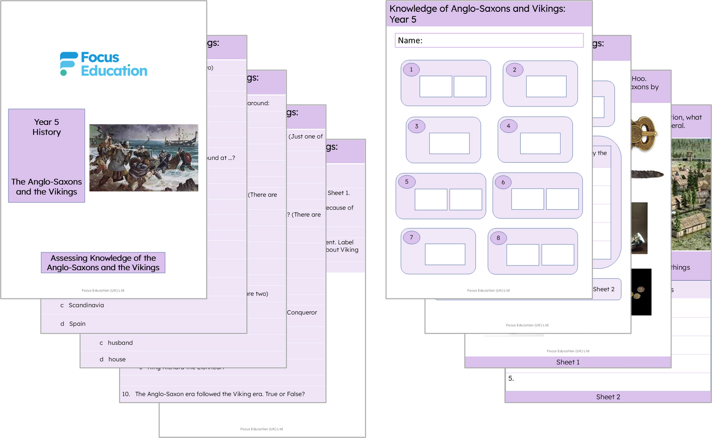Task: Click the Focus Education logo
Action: pyautogui.click(x=103, y=64)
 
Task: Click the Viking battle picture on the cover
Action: pyautogui.click(x=143, y=158)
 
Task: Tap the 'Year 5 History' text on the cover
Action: pyautogui.click(x=47, y=127)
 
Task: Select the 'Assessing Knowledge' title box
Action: pyautogui.click(x=103, y=263)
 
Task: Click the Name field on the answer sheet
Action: pyautogui.click(x=489, y=40)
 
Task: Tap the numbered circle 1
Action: pyautogui.click(x=411, y=70)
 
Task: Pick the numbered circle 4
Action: pyautogui.click(x=509, y=126)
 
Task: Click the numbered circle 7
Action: pyautogui.click(x=411, y=237)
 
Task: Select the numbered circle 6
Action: pyautogui.click(x=503, y=182)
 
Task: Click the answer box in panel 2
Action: pyautogui.click(x=546, y=86)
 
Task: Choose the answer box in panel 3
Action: pyautogui.click(x=449, y=144)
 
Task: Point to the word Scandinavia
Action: pyautogui.click(x=86, y=305)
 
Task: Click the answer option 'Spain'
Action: pyautogui.click(x=77, y=324)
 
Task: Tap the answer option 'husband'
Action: pyautogui.click(x=120, y=343)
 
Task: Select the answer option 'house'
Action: pyautogui.click(x=117, y=360)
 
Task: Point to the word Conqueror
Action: pyautogui.click(x=302, y=313)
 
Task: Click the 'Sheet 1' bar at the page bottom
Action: pyautogui.click(x=568, y=362)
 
